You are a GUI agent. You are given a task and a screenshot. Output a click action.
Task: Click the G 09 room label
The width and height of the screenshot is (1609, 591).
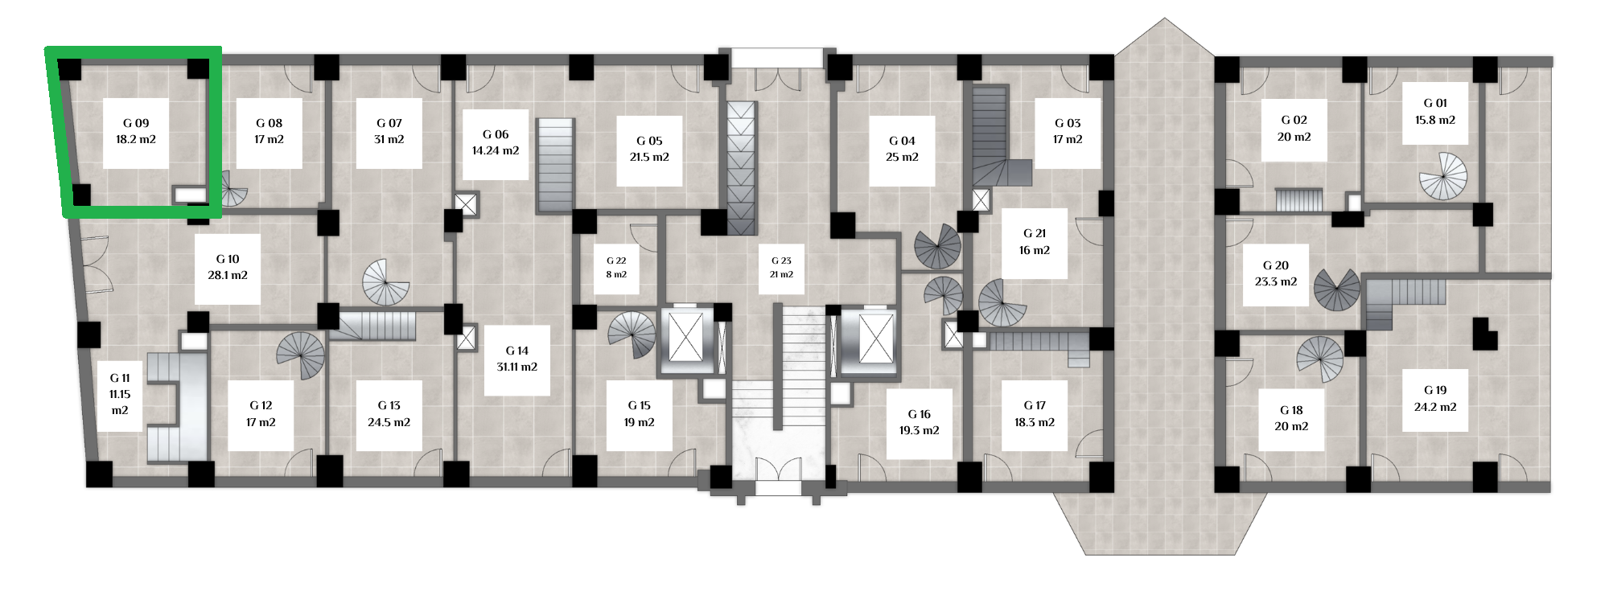(x=136, y=132)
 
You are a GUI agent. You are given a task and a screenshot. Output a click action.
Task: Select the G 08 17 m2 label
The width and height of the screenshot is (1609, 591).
(x=269, y=132)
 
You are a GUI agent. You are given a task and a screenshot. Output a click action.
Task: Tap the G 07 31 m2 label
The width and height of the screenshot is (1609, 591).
(x=389, y=132)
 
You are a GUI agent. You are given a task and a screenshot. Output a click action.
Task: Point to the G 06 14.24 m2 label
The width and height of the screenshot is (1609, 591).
(x=496, y=143)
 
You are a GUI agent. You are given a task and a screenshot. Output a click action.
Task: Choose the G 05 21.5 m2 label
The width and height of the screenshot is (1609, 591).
(x=649, y=150)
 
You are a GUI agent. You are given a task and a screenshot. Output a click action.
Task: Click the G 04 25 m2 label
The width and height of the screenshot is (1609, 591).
(x=902, y=150)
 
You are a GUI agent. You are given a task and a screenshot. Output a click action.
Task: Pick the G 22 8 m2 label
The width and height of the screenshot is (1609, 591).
(x=616, y=268)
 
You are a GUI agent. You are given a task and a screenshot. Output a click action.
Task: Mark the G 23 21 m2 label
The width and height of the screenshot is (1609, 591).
(x=781, y=268)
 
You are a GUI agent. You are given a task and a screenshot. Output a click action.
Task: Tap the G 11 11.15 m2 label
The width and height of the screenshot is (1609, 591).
(x=120, y=394)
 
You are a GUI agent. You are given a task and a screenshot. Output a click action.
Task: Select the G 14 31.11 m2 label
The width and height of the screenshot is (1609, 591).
(x=516, y=359)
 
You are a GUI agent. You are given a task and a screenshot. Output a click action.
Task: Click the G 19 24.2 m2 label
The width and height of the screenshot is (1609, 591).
(x=1435, y=399)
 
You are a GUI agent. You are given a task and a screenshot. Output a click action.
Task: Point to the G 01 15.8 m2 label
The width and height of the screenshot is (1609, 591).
(x=1435, y=112)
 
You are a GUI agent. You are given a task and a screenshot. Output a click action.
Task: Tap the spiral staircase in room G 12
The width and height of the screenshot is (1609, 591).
(x=301, y=355)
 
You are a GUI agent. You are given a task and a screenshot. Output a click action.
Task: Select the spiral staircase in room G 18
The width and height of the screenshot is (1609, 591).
(x=1320, y=359)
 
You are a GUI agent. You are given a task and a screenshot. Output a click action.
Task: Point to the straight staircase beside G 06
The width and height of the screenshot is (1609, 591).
(x=556, y=166)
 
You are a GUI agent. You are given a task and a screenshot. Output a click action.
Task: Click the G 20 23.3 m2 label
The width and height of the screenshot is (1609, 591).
(x=1276, y=273)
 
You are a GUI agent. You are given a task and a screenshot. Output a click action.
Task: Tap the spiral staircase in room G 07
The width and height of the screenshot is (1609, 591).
(x=386, y=282)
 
